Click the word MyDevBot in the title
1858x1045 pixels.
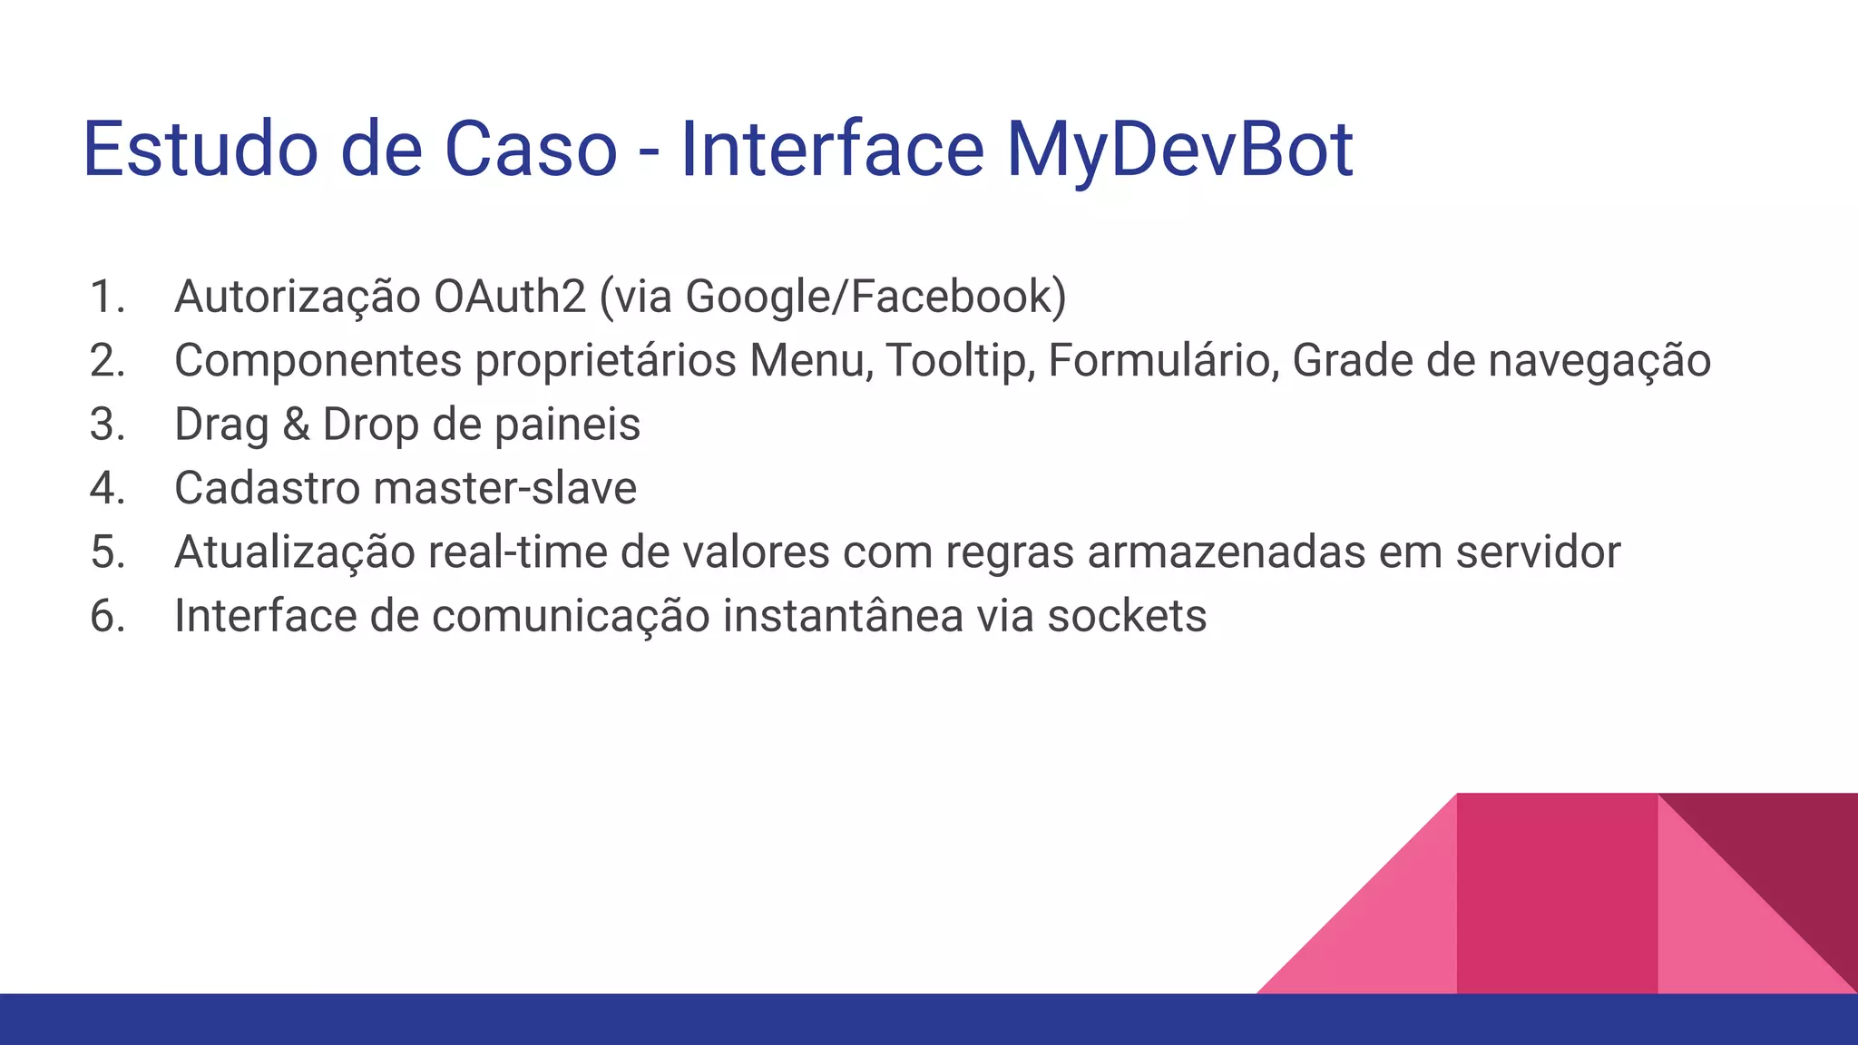coord(1179,150)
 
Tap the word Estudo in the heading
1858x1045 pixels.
coord(200,150)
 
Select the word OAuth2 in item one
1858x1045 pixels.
coord(510,297)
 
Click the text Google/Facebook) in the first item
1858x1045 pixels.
coord(875,297)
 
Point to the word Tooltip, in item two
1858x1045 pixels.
coord(961,360)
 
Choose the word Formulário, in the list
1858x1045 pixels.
coord(1163,360)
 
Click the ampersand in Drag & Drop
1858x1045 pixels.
coord(296,425)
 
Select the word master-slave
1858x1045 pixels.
coord(505,488)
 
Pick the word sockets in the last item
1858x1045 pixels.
coord(1127,616)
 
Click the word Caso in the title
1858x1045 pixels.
coord(531,150)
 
